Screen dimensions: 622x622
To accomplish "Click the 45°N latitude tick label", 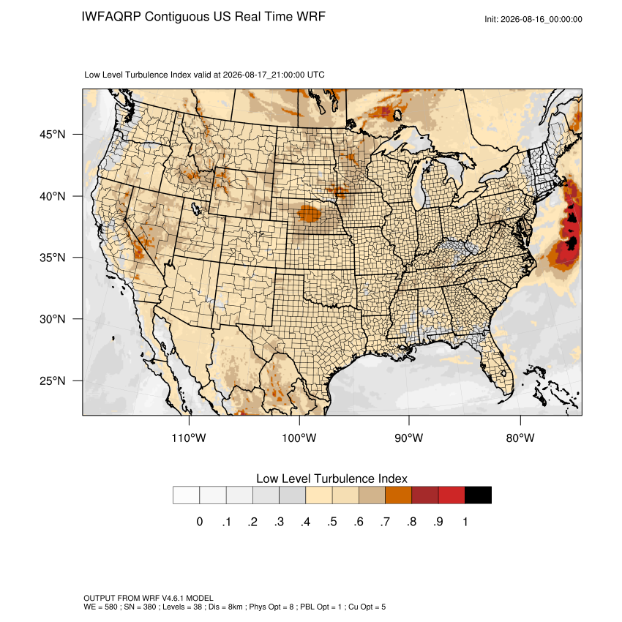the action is (53, 135).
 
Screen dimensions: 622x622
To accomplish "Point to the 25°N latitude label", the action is (53, 381).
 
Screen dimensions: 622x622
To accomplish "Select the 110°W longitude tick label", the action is (189, 438).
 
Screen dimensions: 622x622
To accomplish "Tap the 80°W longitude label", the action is (520, 438).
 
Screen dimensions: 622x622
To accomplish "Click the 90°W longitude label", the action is (408, 438).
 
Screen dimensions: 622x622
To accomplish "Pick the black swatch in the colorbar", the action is (478, 495).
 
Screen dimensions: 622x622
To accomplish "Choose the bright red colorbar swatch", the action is (451, 495).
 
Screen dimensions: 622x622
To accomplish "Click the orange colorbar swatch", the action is (398, 495).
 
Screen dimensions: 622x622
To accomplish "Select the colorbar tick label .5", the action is (332, 522).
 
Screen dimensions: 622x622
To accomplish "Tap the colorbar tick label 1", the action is (465, 522).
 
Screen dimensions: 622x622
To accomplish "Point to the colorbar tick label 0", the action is (200, 522).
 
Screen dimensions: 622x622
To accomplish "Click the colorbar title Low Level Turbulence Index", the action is (331, 479).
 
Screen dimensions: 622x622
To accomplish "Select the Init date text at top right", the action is (533, 19).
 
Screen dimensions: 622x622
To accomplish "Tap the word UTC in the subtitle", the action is (316, 75).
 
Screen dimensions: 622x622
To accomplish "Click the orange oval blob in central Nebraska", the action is (309, 214).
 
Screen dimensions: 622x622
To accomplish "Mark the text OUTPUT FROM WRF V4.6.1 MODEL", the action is (149, 598).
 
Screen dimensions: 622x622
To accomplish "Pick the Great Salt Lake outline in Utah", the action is (195, 208).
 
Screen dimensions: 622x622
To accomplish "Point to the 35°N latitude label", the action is (53, 258).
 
